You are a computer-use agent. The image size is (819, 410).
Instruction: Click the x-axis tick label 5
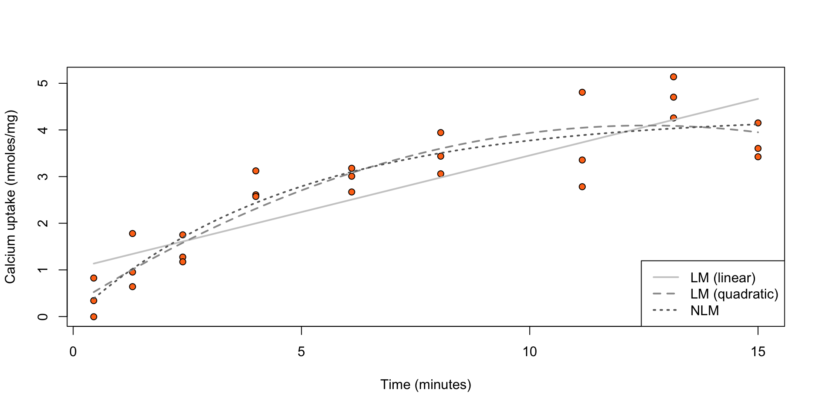pyautogui.click(x=302, y=352)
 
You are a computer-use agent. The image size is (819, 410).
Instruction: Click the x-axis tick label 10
pyautogui.click(x=529, y=352)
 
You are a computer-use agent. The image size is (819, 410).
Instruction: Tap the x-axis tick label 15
pyautogui.click(x=758, y=352)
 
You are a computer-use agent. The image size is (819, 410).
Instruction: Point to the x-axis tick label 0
pyautogui.click(x=73, y=352)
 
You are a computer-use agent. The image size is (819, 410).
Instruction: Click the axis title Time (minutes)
pyautogui.click(x=426, y=385)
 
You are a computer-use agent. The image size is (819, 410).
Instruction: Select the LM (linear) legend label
pyautogui.click(x=723, y=278)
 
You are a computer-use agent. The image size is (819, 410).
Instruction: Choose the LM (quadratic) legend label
pyautogui.click(x=734, y=294)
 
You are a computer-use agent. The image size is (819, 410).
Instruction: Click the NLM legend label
pyautogui.click(x=705, y=310)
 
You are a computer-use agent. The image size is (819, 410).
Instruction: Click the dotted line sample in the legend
pyautogui.click(x=665, y=310)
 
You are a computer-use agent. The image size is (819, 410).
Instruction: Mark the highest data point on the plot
pyautogui.click(x=674, y=77)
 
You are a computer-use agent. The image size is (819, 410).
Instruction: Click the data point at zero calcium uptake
pyautogui.click(x=94, y=317)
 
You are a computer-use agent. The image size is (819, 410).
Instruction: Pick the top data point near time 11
pyautogui.click(x=582, y=92)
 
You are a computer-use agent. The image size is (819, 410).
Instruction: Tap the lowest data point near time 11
pyautogui.click(x=582, y=187)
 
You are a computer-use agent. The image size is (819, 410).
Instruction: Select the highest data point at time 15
pyautogui.click(x=758, y=123)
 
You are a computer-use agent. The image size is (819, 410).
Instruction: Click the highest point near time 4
pyautogui.click(x=256, y=171)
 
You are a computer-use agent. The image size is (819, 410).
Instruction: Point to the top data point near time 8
pyautogui.click(x=441, y=132)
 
